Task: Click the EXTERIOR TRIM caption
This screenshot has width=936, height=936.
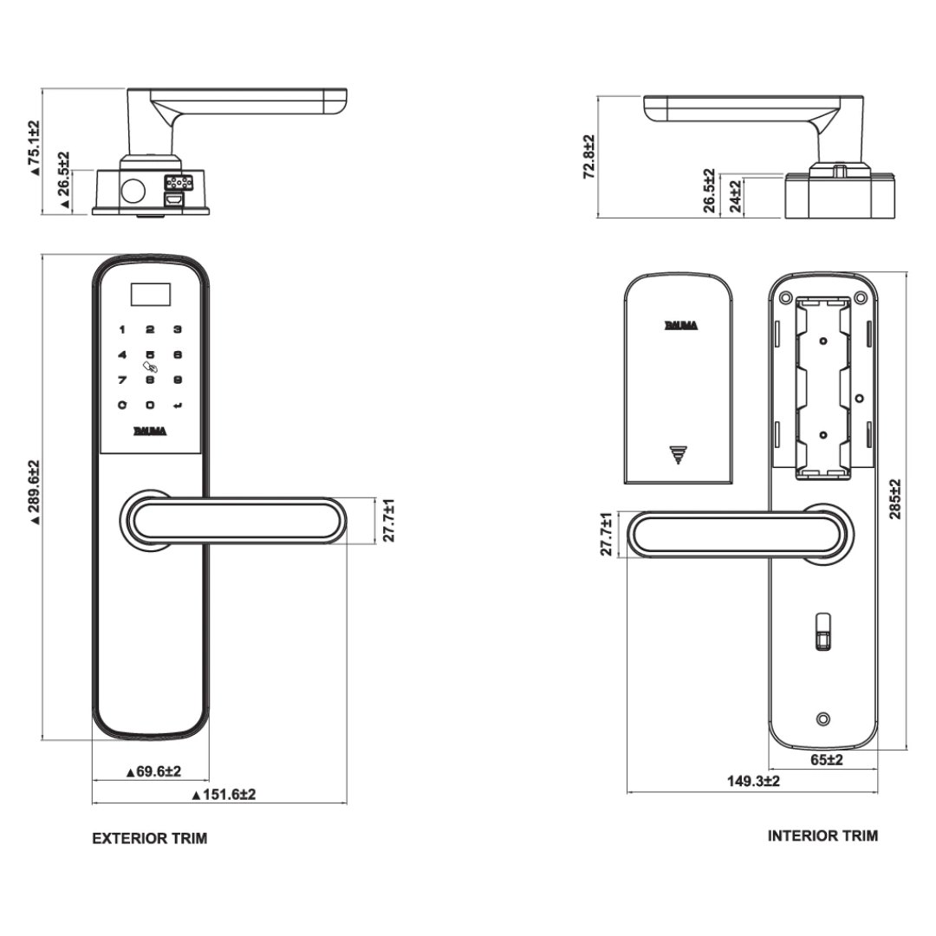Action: click(x=150, y=838)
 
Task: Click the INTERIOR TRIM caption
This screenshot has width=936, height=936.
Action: click(x=822, y=835)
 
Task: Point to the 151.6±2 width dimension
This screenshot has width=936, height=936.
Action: click(x=223, y=794)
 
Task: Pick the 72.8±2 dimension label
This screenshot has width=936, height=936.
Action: click(x=588, y=157)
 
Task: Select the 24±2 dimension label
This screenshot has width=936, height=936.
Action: click(x=735, y=197)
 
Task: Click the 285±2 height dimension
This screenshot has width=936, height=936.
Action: click(x=895, y=498)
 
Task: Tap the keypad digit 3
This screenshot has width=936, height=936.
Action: click(x=177, y=329)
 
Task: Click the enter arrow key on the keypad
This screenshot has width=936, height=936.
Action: click(x=178, y=404)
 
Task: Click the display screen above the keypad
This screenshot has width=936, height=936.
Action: click(x=150, y=296)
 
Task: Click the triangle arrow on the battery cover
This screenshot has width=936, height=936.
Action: click(x=677, y=454)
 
